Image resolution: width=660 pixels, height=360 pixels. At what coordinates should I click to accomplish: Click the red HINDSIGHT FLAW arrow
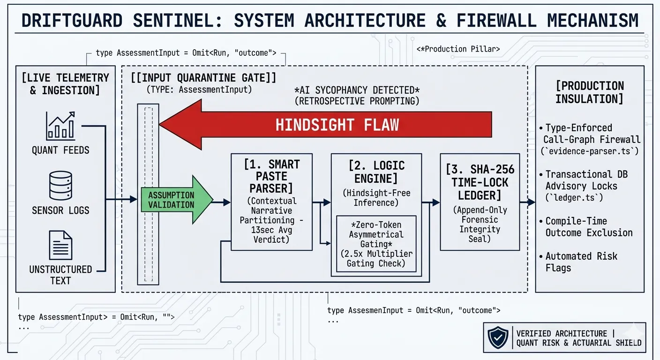326,124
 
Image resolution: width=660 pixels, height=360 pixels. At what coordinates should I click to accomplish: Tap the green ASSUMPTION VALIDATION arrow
177,200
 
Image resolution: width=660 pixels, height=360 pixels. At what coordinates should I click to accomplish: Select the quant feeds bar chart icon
60,126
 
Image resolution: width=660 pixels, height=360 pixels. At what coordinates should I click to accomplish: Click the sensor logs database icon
60,186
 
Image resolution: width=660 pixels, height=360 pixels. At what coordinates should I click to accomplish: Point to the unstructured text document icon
60,245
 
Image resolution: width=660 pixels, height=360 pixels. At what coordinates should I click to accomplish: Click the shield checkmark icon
498,337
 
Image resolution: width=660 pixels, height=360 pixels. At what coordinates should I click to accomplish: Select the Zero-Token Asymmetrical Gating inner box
376,244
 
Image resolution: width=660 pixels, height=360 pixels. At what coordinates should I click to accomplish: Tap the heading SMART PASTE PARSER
272,176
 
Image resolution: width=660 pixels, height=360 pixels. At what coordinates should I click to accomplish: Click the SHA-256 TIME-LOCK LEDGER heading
480,182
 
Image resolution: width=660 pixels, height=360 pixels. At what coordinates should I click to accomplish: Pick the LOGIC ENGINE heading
376,172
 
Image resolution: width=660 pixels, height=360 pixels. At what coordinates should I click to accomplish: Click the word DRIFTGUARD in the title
72,21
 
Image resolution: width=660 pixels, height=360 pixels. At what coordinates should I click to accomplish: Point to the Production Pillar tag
458,49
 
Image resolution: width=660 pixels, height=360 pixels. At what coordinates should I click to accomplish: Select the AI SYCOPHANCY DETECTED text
357,90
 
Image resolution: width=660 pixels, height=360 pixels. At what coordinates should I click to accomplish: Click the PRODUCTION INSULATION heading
590,92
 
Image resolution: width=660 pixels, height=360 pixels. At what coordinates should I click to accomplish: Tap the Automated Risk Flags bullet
578,262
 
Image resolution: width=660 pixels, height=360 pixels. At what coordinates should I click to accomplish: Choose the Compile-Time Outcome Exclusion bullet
586,227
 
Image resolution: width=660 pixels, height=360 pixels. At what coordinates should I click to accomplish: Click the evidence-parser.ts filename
590,151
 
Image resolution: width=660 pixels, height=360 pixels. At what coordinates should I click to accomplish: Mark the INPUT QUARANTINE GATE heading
203,78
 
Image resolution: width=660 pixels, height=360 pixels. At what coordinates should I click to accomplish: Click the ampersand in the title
441,21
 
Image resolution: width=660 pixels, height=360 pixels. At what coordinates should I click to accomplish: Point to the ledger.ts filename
574,197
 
